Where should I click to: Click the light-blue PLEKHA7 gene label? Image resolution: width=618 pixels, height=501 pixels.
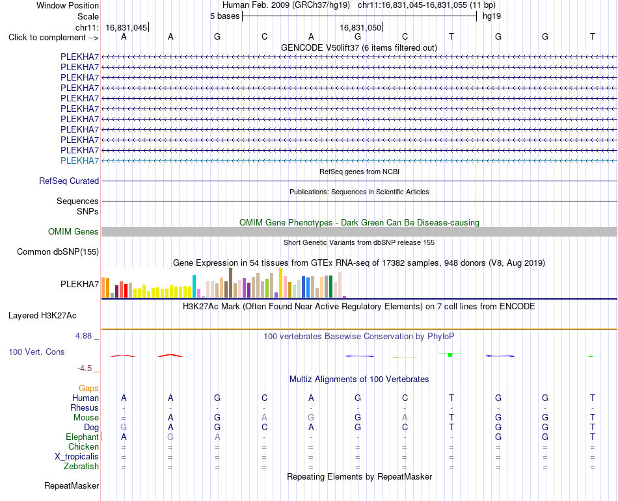click(x=79, y=161)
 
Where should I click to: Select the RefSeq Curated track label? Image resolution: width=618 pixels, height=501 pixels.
click(x=69, y=181)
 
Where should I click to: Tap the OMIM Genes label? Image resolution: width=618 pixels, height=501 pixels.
click(x=74, y=232)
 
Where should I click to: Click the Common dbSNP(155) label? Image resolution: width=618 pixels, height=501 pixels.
click(x=58, y=252)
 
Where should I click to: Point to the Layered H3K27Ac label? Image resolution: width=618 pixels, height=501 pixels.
click(x=42, y=316)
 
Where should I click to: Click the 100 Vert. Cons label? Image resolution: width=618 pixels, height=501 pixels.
click(x=36, y=352)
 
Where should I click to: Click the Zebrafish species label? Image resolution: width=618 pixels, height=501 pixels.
click(x=81, y=467)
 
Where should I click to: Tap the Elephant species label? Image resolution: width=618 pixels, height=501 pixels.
click(x=83, y=437)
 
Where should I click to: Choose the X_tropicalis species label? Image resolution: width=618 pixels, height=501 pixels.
click(x=77, y=457)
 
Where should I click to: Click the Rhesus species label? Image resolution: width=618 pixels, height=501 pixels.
click(x=85, y=407)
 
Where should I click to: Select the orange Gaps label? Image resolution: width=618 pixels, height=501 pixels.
click(x=88, y=389)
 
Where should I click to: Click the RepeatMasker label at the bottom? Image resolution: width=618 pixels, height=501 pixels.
click(x=72, y=485)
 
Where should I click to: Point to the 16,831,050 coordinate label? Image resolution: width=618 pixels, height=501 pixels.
click(x=360, y=27)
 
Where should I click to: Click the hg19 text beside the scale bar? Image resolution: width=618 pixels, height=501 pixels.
click(x=492, y=16)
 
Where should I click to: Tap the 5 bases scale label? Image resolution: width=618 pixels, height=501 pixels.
click(x=224, y=16)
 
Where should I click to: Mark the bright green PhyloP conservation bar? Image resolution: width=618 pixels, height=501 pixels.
click(x=450, y=355)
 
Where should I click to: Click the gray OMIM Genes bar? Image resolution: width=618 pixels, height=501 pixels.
click(x=360, y=231)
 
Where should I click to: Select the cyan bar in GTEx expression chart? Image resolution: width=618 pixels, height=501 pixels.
click(x=194, y=286)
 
